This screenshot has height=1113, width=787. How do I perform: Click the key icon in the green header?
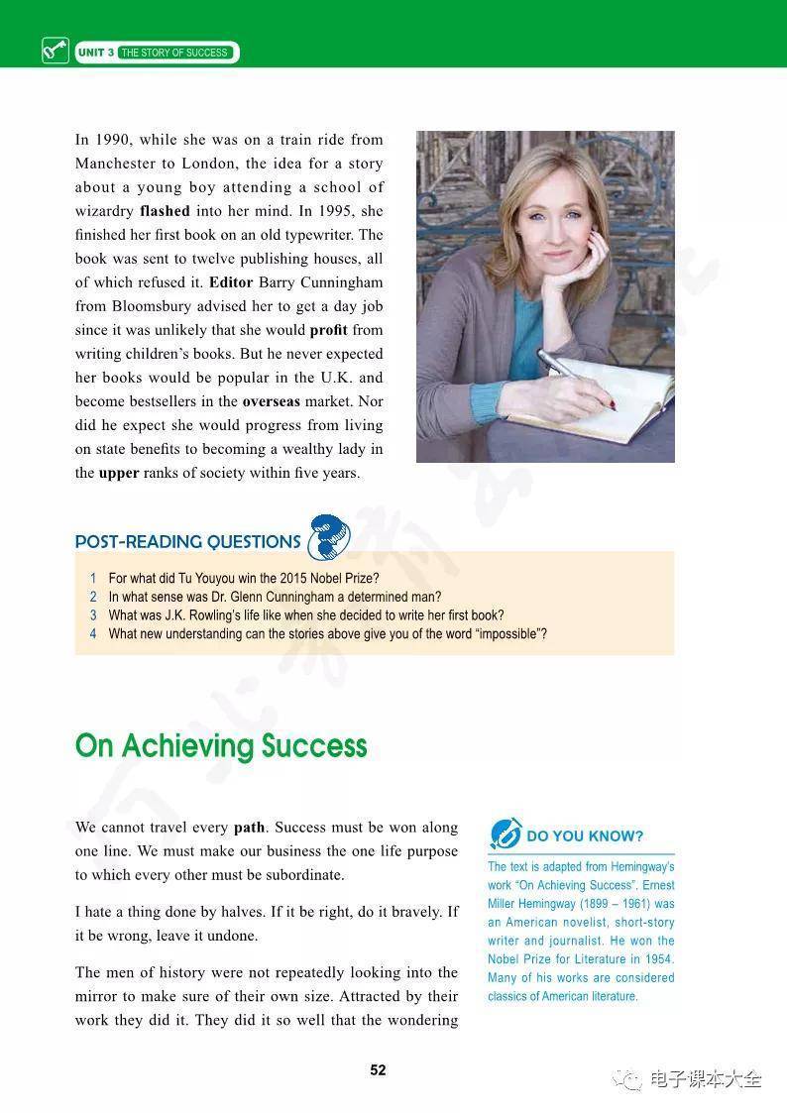[x=56, y=52]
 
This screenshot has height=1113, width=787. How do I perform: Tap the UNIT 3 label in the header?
[x=95, y=53]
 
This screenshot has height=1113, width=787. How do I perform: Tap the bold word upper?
[x=119, y=473]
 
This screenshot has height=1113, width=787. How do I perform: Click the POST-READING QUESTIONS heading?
[x=187, y=542]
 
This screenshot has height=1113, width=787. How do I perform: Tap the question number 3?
[x=93, y=615]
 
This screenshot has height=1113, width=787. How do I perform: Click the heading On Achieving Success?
[x=221, y=746]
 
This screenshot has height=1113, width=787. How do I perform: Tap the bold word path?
[x=250, y=828]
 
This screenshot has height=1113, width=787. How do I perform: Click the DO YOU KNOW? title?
[x=585, y=836]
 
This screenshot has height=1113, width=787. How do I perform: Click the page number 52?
[x=378, y=1069]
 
